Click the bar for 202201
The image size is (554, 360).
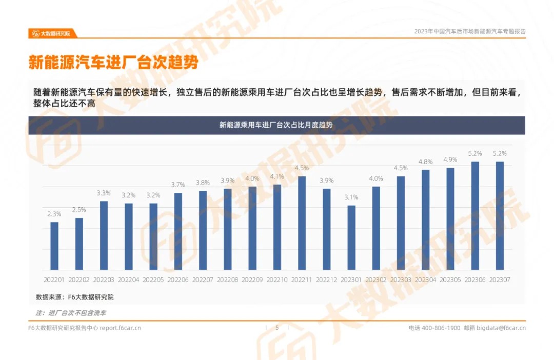point(54,246)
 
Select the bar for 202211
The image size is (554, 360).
point(302,223)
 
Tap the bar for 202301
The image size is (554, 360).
point(351,238)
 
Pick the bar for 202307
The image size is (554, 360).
point(500,216)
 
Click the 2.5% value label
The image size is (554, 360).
point(79,210)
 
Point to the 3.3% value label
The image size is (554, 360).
point(104,193)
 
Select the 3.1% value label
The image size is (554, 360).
point(351,197)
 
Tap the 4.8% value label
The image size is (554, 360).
point(425,162)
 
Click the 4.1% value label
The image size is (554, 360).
point(277,176)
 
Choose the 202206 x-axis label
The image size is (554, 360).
point(178,280)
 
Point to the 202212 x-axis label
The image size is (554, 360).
point(326,280)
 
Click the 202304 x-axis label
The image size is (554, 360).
point(425,280)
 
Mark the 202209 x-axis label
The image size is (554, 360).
point(252,280)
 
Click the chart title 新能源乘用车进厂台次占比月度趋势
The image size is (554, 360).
point(276,125)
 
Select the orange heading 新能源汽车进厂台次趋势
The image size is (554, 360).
point(113,63)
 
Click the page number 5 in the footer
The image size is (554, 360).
point(277,328)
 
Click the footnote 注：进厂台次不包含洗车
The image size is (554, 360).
point(71,312)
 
